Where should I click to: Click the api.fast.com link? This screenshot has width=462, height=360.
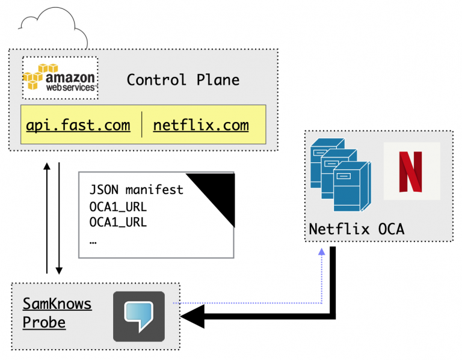78,126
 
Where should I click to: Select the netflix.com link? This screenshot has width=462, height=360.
201,126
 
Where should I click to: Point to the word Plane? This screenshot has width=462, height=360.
218,80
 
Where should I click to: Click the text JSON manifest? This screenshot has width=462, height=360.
136,190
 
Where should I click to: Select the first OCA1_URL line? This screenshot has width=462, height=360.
118,207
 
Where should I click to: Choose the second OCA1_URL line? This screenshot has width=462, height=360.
118,222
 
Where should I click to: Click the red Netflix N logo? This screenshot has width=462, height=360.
411,171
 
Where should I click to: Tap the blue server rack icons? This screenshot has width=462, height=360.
340,174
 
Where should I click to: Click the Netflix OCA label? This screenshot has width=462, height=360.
357,229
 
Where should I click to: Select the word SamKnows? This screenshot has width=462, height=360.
57,304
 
